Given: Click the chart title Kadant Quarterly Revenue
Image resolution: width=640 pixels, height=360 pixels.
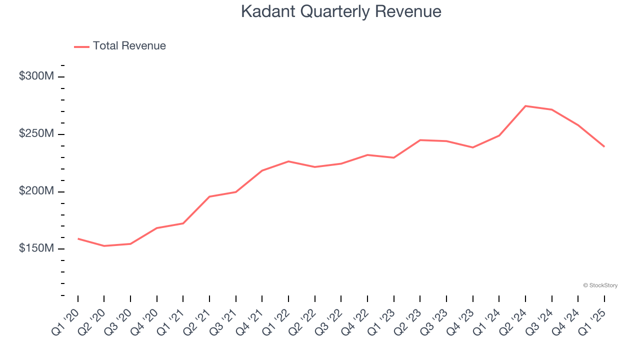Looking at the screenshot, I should [341, 11].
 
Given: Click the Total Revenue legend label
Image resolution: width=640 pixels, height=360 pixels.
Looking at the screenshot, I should [129, 46].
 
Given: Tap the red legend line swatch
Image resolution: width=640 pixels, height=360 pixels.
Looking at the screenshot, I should [81, 46].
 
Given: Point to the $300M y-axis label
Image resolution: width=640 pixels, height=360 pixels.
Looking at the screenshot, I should [36, 76].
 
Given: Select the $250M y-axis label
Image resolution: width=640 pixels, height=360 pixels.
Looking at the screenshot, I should [36, 134].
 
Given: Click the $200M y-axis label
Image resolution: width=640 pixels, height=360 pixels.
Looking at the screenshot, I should [36, 191].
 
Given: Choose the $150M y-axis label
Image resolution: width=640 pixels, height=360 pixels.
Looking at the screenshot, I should [36, 248].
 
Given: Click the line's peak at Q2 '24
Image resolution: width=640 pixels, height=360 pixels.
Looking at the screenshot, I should [525, 106].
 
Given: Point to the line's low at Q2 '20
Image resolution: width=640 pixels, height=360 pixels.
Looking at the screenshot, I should [104, 246].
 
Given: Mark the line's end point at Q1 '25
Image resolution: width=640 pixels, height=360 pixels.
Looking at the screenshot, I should [604, 146].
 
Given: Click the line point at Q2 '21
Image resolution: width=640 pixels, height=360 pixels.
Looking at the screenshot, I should [209, 196].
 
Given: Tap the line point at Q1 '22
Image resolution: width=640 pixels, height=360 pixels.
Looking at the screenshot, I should [288, 161].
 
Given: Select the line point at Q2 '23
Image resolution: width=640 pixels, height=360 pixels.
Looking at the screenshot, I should [420, 140].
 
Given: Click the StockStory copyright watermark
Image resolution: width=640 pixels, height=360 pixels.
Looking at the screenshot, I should [600, 285].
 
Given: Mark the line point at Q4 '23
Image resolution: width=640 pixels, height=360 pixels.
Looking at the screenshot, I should [472, 147].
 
